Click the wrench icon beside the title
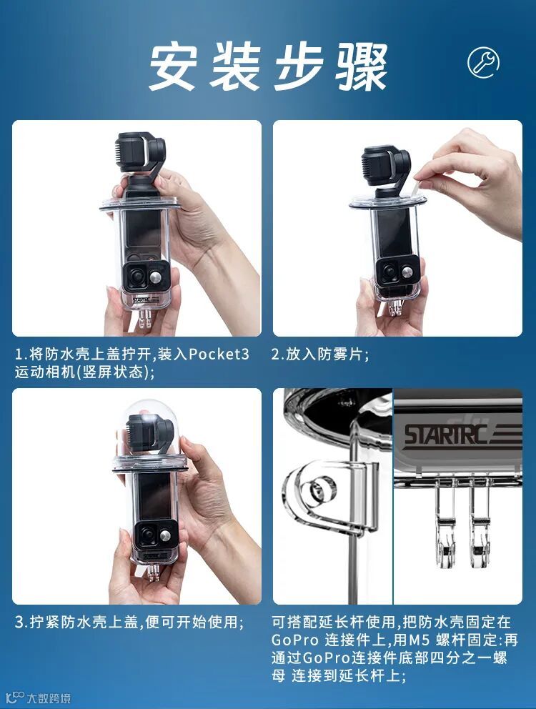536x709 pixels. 483,62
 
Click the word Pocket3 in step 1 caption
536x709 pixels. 219,354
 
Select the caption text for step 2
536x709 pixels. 319,354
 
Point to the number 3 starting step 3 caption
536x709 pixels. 19,623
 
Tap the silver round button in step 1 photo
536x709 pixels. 157,277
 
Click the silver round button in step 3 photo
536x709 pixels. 166,536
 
